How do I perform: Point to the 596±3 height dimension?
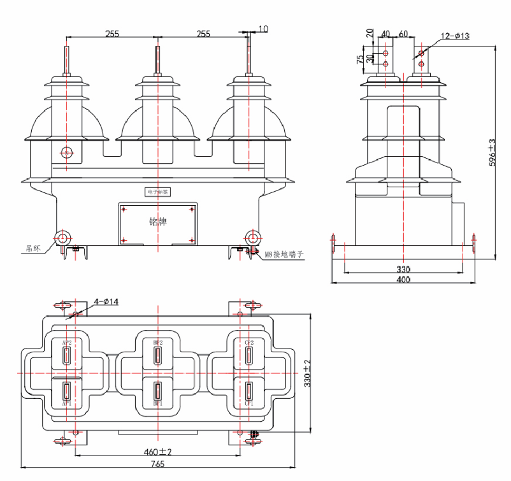(x=493, y=152)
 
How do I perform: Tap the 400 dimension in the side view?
(x=403, y=280)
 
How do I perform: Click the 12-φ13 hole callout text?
(x=455, y=36)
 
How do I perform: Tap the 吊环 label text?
(x=33, y=249)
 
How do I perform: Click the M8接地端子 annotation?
(x=285, y=254)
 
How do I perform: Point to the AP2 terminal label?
(x=67, y=343)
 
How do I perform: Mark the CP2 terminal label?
(x=250, y=343)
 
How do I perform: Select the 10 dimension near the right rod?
(x=264, y=29)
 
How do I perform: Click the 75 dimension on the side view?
(x=361, y=59)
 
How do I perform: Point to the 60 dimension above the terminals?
(x=403, y=33)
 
